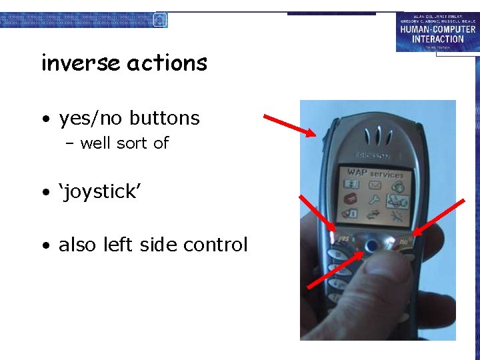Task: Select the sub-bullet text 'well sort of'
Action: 124,143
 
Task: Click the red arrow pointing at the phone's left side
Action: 289,125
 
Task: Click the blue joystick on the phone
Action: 371,247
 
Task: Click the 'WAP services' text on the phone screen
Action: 375,173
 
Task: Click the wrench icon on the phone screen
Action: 375,199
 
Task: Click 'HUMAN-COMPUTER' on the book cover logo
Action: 438,29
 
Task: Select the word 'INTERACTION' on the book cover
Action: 438,39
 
